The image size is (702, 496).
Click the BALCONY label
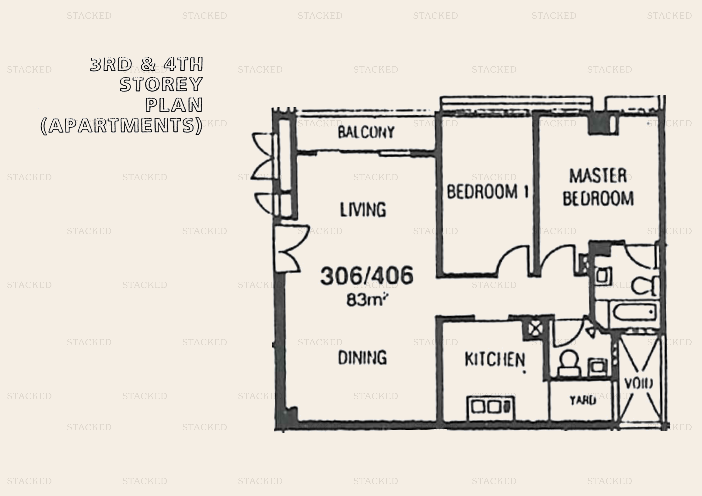[366, 132]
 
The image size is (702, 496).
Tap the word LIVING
[363, 210]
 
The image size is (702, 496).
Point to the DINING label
[362, 358]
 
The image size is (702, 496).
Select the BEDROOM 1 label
[488, 192]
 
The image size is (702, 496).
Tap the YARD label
[583, 400]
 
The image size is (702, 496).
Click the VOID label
[638, 383]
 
